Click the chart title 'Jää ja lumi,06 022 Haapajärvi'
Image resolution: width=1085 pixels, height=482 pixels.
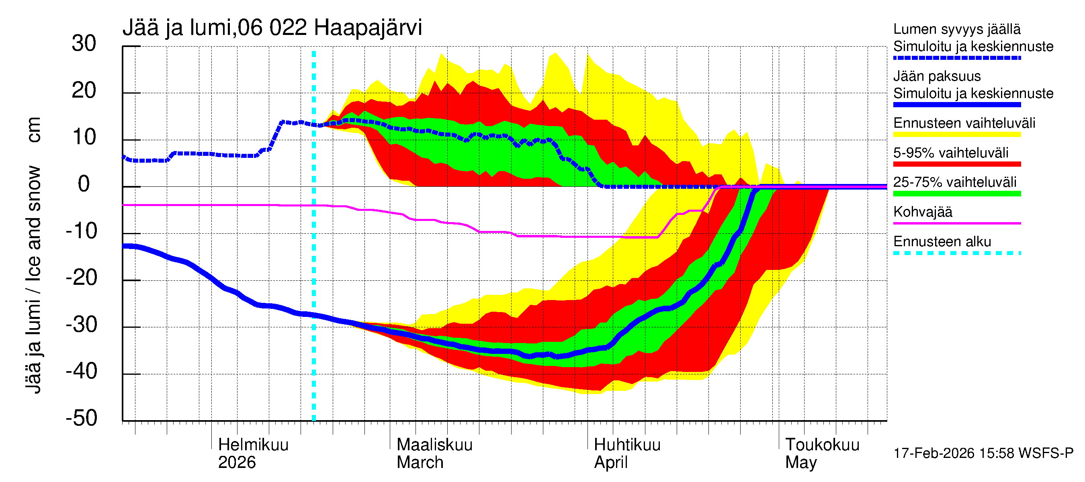[272, 28]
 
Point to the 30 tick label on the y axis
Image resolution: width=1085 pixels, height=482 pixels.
[84, 43]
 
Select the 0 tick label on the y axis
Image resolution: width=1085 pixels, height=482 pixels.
[84, 184]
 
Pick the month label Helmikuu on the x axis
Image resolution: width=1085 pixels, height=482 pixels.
[253, 445]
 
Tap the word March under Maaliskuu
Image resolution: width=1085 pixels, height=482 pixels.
[420, 463]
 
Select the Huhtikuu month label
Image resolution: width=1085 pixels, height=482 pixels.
[627, 445]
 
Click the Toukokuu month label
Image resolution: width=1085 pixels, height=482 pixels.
[822, 445]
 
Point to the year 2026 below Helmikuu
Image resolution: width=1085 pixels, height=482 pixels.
[237, 463]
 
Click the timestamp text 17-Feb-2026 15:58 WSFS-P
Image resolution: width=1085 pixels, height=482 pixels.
[983, 453]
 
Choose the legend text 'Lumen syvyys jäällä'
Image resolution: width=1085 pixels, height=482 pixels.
[956, 29]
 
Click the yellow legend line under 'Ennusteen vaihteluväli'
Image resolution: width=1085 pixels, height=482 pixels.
[956, 135]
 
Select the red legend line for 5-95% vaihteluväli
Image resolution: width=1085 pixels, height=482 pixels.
[956, 164]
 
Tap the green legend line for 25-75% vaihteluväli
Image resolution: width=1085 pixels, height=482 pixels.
[956, 194]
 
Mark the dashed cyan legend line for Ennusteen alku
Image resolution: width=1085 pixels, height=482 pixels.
[956, 253]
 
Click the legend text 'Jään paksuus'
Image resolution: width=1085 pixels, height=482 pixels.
[937, 76]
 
